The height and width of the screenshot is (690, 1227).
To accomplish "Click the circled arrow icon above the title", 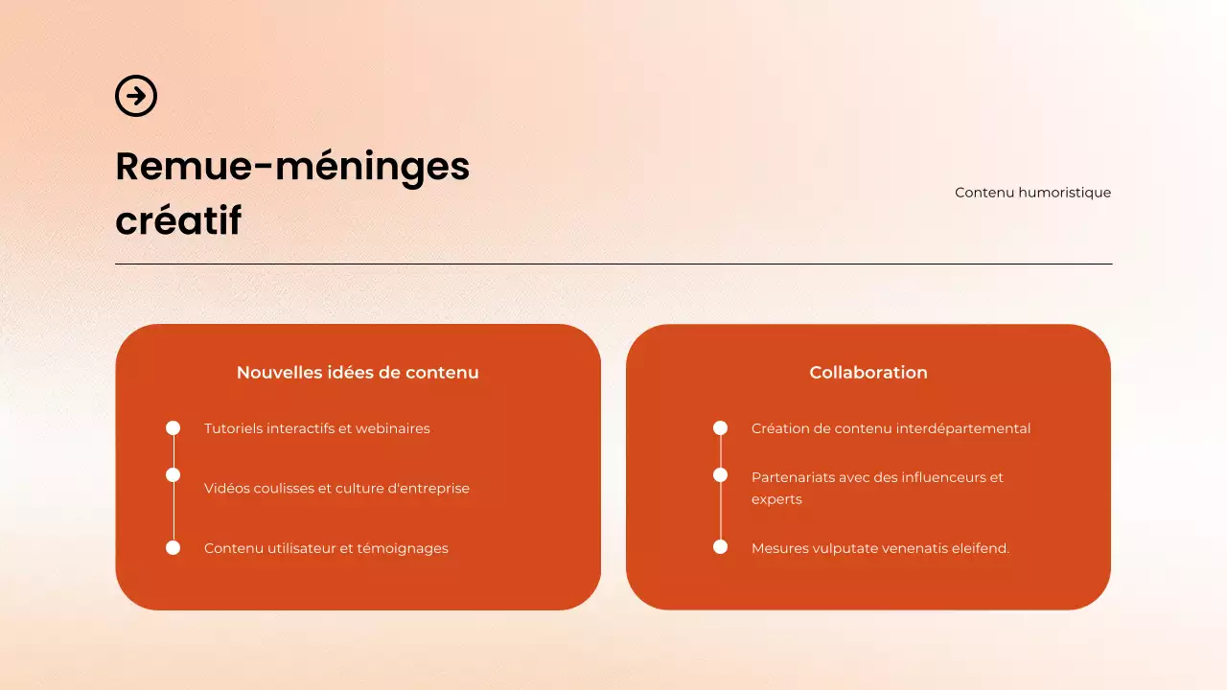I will [x=136, y=96].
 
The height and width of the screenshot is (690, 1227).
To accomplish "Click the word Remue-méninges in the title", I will [x=292, y=167].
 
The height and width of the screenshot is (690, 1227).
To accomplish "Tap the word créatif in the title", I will [x=178, y=220].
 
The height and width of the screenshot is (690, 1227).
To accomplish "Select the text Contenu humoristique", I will [x=1032, y=193].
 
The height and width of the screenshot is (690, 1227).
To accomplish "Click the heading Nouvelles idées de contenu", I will [x=358, y=373].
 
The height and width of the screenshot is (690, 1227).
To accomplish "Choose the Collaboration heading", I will [x=868, y=373].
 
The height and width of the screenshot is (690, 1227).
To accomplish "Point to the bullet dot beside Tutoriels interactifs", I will [x=174, y=428].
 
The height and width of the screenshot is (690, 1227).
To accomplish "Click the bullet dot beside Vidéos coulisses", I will [x=174, y=475].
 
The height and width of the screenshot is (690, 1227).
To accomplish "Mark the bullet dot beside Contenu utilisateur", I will [x=174, y=548].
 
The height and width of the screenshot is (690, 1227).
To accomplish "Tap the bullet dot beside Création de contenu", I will [x=721, y=428].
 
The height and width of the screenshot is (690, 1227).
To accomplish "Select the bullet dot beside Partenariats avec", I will [x=721, y=475].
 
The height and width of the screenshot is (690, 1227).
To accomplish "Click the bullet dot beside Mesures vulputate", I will [x=721, y=547].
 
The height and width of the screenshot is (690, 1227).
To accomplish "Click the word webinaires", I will [x=393, y=428].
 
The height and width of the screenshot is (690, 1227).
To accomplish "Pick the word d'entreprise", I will [x=428, y=489].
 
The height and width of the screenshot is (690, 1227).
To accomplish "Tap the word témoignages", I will [x=403, y=549].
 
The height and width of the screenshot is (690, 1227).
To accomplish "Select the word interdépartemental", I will [x=963, y=428].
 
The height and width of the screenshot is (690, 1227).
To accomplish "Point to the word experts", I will [x=776, y=500].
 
